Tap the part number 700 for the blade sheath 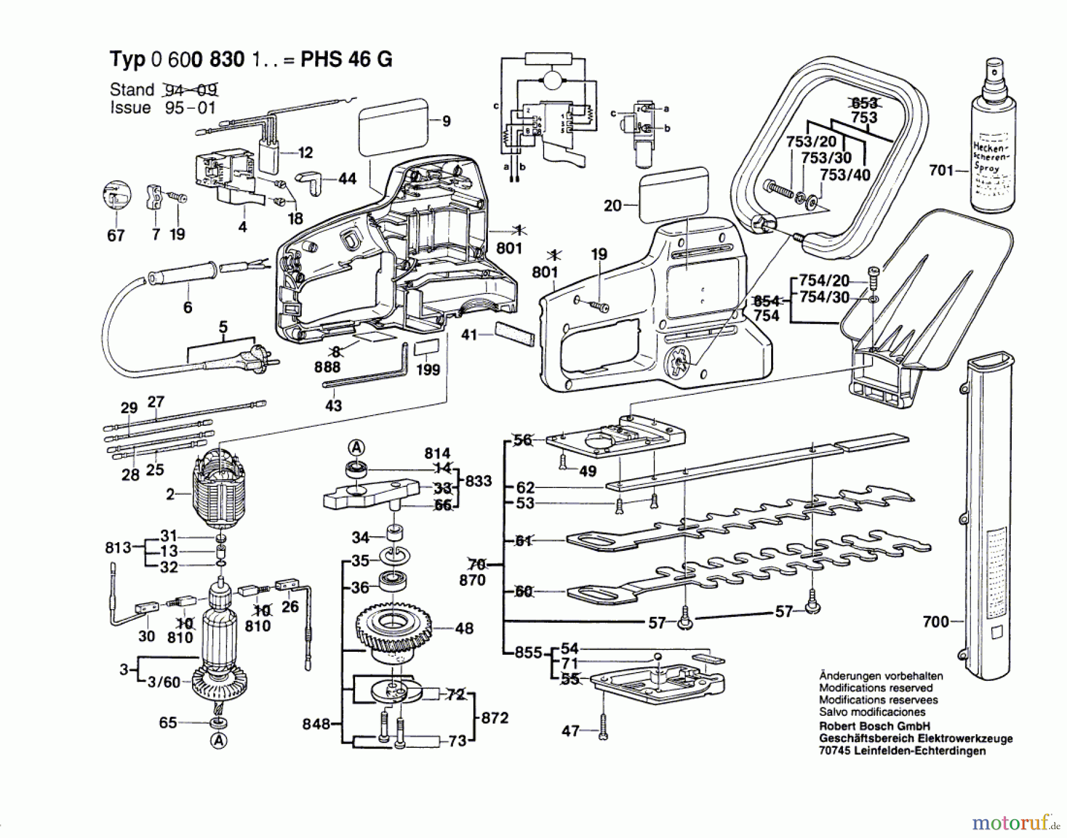[935, 622]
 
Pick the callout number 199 [428, 370]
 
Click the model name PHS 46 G [346, 59]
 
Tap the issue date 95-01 [190, 108]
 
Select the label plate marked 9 [393, 128]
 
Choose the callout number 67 [116, 235]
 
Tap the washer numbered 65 [218, 723]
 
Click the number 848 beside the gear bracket [316, 724]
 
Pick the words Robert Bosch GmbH [874, 726]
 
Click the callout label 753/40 [845, 175]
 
